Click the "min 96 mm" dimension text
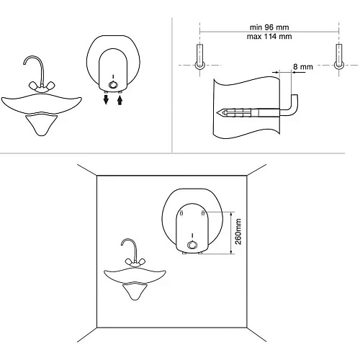(x=269, y=27)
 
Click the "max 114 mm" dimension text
(x=269, y=37)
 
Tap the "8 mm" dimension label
(x=303, y=67)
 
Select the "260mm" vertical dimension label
(x=238, y=231)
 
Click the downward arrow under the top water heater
(x=106, y=99)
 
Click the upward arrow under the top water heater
(x=120, y=99)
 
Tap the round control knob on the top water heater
(x=112, y=85)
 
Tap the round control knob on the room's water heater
(x=192, y=245)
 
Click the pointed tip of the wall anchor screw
(x=217, y=112)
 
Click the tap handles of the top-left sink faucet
(x=42, y=86)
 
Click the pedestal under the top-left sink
(x=41, y=125)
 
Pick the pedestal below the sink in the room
(x=135, y=292)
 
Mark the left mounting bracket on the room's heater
(x=181, y=212)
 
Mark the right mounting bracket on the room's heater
(x=203, y=212)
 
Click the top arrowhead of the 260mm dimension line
(x=231, y=212)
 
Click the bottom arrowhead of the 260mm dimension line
(x=231, y=253)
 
